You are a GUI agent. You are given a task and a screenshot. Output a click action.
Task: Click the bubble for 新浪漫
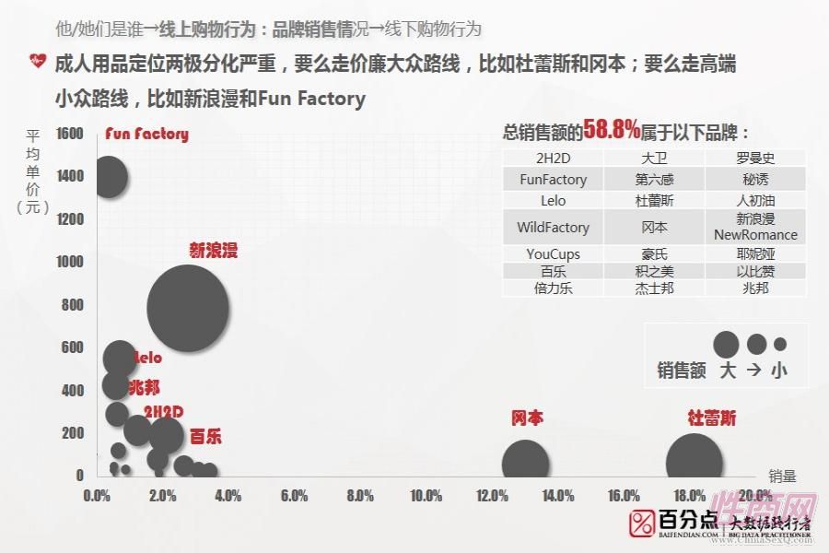coord(187,307)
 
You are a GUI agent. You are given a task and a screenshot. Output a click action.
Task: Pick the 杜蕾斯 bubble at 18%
coord(694,463)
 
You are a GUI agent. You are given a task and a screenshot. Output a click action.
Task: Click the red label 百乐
coord(205,436)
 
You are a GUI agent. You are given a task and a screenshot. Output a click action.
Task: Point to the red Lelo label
coord(148,358)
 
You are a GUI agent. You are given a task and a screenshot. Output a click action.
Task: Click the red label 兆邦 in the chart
coord(144,388)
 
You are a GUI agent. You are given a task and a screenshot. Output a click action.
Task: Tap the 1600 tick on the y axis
coord(69,134)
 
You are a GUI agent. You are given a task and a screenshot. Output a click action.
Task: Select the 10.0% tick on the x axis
coord(425,496)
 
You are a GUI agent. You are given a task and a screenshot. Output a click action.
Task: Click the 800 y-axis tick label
coord(73,305)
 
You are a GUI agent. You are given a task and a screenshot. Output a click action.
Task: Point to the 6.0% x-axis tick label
coord(294,496)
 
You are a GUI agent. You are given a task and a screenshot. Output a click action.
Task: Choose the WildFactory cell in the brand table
coord(553,227)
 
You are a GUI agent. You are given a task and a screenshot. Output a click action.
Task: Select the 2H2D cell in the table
coord(553,159)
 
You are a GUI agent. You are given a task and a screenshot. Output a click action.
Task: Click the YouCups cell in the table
coord(553,254)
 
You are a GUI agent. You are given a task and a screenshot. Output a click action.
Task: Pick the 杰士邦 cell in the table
coord(655,288)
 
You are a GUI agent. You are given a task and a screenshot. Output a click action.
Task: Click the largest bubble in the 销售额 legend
coord(727,345)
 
